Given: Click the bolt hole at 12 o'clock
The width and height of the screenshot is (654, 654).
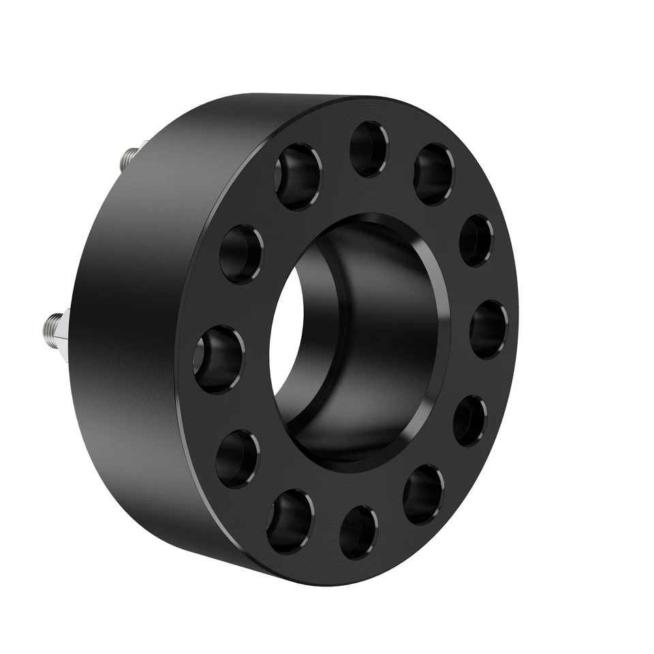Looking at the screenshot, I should point(369,149).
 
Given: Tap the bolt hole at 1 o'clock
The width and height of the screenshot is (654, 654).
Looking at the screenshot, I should point(433,174).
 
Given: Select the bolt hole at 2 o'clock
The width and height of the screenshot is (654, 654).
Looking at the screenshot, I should point(476,240).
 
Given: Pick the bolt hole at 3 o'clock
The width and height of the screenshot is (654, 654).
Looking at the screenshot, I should point(488,328).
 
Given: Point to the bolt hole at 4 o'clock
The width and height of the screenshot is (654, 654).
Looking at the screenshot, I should point(469,420).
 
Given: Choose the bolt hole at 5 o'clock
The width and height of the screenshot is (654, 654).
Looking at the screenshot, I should point(423,494).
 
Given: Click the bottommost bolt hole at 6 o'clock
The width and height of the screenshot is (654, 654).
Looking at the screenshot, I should point(358,532).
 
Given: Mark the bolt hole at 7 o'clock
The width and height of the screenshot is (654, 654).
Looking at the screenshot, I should point(290,521).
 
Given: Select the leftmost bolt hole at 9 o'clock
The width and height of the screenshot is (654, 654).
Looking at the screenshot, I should point(219,358).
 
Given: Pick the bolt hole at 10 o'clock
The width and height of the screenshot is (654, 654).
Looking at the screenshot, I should point(240,253).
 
